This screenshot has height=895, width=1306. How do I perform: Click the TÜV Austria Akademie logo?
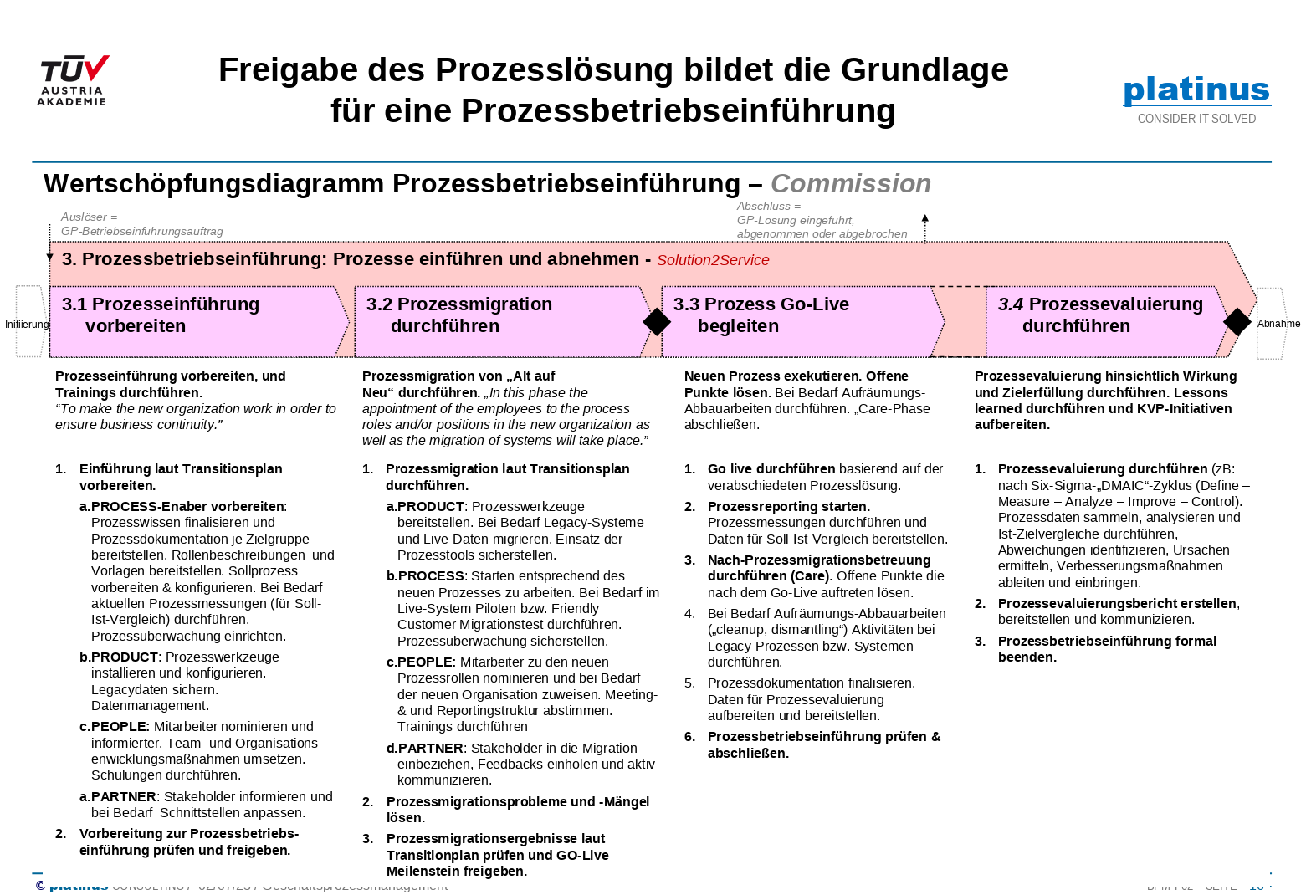coord(74,80)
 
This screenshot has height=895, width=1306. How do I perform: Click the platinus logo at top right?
coord(1196,89)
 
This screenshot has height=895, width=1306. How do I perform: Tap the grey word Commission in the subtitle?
coord(850,183)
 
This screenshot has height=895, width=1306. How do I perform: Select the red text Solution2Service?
coord(713,260)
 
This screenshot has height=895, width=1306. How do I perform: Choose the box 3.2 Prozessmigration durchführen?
coord(498,322)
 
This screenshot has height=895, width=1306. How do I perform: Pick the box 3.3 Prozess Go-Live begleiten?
coord(799,322)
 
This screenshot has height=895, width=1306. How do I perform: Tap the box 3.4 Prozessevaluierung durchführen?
coord(1100,322)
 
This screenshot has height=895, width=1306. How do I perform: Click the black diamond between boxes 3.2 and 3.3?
coord(657,322)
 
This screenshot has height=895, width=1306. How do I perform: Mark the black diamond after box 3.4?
coord(1237,321)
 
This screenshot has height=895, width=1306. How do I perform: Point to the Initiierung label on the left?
coord(27,325)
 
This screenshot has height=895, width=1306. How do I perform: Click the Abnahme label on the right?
coord(1278,324)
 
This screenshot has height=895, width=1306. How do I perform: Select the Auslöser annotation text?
coord(141,224)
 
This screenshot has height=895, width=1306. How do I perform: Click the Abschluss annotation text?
coord(821,220)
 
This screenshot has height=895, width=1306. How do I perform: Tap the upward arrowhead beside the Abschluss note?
coord(924,218)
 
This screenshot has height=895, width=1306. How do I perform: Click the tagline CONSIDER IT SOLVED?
coord(1196,119)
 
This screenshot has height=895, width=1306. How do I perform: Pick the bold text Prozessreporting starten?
coord(788,506)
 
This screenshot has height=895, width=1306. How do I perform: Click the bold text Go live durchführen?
coord(771,469)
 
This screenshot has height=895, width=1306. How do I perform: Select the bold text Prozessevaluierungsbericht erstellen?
coord(1117,604)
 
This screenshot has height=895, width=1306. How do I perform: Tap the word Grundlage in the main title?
coord(924,70)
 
